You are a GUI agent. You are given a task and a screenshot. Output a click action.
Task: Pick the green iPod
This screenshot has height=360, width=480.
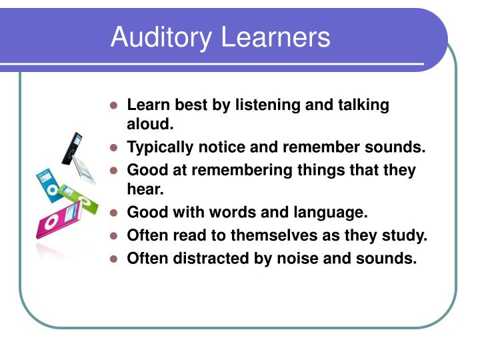click(x=78, y=195)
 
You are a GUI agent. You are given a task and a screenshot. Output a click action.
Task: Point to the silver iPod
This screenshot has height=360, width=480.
click(x=85, y=169)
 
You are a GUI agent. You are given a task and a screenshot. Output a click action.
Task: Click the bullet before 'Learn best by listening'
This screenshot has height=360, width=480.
click(x=114, y=106)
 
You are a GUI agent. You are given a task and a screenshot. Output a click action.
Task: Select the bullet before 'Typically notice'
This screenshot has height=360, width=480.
click(x=114, y=148)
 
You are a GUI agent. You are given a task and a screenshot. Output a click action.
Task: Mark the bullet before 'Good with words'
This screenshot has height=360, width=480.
click(x=114, y=213)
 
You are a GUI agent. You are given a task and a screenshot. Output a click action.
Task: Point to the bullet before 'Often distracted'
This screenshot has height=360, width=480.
click(x=114, y=259)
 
